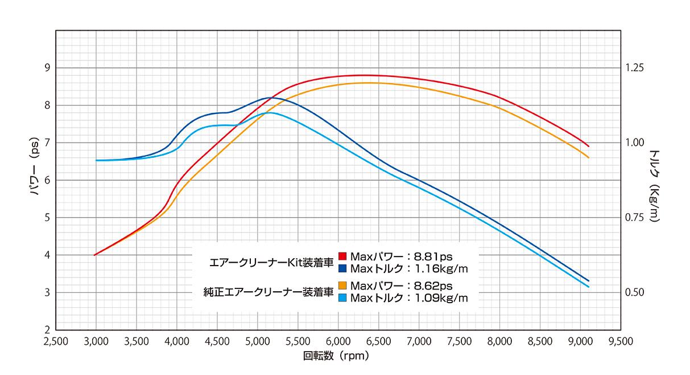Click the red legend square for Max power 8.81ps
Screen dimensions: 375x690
coord(342,255)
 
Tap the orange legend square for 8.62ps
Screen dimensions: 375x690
coord(342,285)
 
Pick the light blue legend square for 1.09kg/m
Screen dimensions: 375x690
coord(342,297)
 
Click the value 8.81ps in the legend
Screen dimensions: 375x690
coord(439,255)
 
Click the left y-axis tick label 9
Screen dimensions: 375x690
coord(48,68)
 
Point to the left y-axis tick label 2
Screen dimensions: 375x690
coord(48,330)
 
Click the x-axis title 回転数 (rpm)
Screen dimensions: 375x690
coord(337,357)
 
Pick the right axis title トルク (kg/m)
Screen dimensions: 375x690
coord(655,185)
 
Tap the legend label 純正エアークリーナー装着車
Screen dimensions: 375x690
coord(268,291)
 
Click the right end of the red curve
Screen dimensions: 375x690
coord(588,146)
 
